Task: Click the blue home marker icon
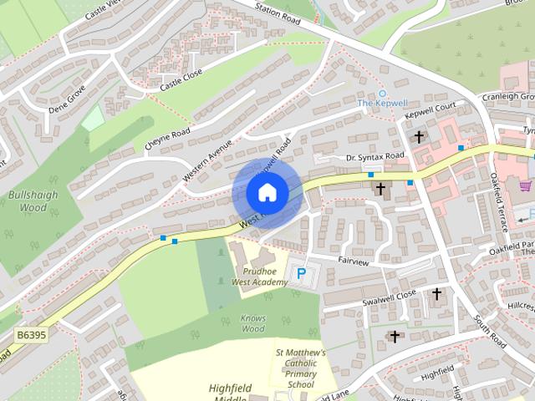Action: [267, 193]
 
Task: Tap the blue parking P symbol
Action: [302, 272]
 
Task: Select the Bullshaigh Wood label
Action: [28, 200]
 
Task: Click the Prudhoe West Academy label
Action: [260, 277]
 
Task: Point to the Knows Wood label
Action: [253, 322]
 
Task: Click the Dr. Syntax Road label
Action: [375, 156]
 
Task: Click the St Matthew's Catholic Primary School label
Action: [300, 368]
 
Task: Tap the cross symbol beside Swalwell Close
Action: [436, 294]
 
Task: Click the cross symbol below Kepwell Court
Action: [419, 136]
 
